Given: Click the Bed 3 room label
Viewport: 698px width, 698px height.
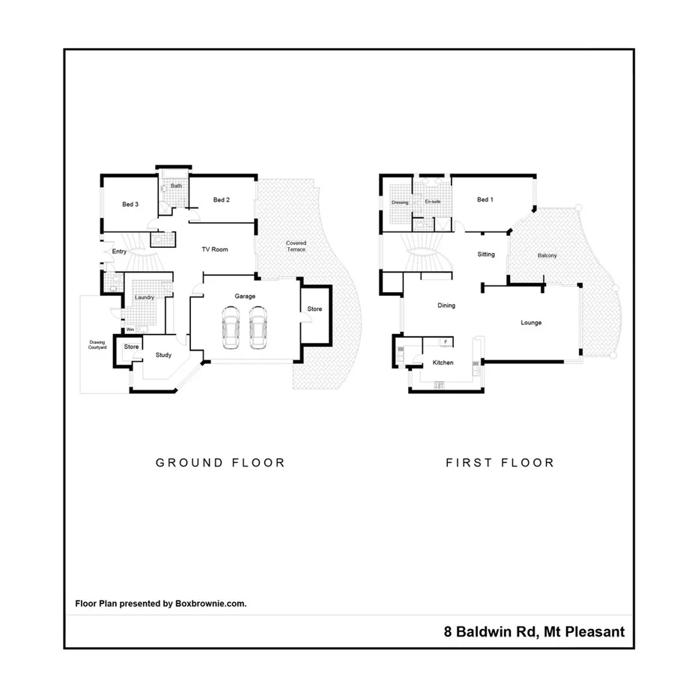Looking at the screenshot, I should pyautogui.click(x=130, y=204).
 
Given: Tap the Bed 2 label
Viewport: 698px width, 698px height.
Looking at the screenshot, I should pyautogui.click(x=221, y=200).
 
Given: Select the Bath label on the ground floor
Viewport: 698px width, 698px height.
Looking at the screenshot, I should pyautogui.click(x=177, y=186).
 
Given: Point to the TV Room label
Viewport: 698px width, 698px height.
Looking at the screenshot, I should pyautogui.click(x=214, y=249).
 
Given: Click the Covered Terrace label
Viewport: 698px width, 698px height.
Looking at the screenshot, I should pyautogui.click(x=296, y=246).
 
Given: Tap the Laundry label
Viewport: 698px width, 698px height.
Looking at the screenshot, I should pyautogui.click(x=145, y=297).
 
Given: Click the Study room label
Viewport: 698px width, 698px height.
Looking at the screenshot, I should pyautogui.click(x=163, y=355).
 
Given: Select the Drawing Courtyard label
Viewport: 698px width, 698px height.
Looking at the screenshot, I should pyautogui.click(x=98, y=345).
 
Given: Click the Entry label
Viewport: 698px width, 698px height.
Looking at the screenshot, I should pyautogui.click(x=119, y=252).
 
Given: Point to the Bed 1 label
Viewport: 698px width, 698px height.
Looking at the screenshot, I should pyautogui.click(x=485, y=200).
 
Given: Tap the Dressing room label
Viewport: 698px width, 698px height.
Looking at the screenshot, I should pyautogui.click(x=400, y=202).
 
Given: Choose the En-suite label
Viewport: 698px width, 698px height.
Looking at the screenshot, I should pyautogui.click(x=432, y=202).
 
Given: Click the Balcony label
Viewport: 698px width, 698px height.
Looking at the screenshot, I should pyautogui.click(x=547, y=256).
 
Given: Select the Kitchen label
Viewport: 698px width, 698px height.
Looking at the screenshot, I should pyautogui.click(x=443, y=362).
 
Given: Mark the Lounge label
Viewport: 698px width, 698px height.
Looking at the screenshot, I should pyautogui.click(x=531, y=323).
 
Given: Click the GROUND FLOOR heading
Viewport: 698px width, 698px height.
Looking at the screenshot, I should pyautogui.click(x=220, y=463).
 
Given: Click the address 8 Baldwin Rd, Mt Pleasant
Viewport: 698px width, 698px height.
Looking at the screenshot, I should pyautogui.click(x=532, y=632).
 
